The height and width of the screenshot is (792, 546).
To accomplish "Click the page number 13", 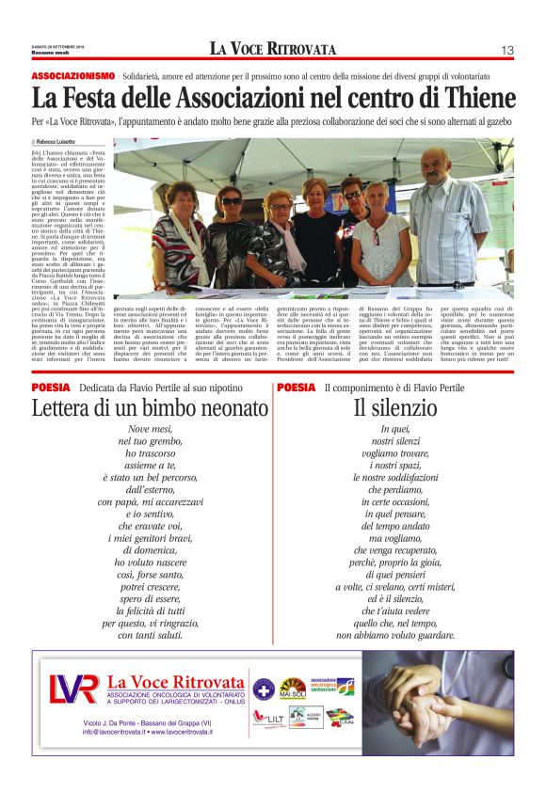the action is (506, 50).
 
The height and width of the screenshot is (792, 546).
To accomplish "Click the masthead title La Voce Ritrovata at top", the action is (272, 49).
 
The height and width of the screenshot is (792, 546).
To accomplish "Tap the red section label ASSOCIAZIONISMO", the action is (73, 74).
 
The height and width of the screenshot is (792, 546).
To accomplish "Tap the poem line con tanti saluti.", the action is (151, 635).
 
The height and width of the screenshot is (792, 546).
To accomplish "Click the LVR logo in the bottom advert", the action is (73, 689).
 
